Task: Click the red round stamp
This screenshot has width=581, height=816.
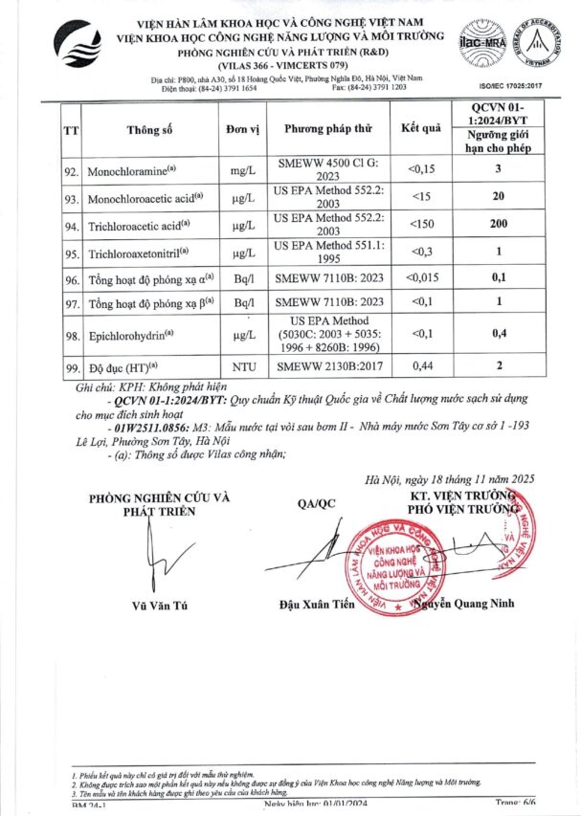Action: coord(394,559)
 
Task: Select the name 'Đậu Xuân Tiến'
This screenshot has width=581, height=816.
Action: coord(318,604)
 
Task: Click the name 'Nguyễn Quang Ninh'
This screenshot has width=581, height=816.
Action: coord(467,604)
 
